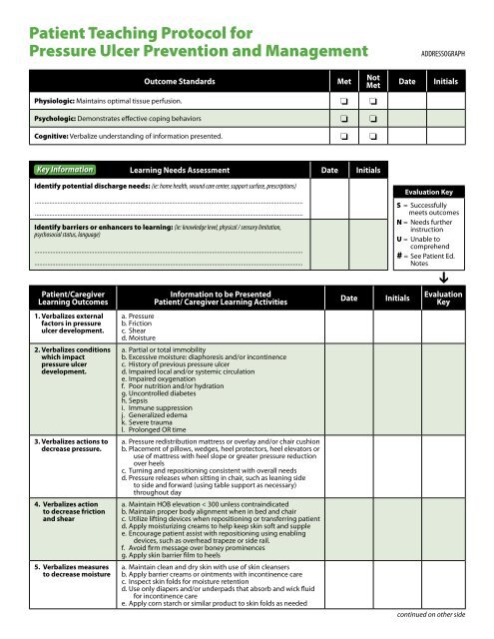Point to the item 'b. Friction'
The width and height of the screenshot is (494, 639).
point(138,324)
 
